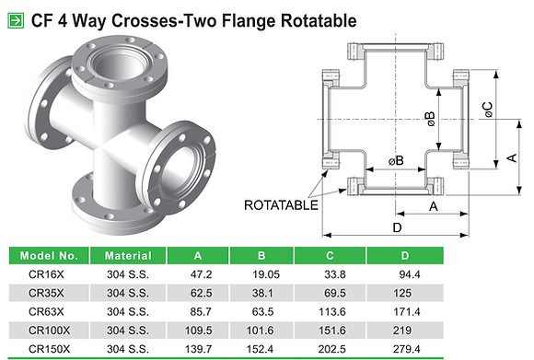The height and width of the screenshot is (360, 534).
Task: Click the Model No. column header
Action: coord(46,255)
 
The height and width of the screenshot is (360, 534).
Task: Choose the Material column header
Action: coord(129,255)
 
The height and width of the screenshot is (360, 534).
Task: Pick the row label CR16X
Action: coord(46,273)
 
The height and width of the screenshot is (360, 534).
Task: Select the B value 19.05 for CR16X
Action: coord(263,273)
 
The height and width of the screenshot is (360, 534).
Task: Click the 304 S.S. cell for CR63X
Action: coord(129,311)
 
